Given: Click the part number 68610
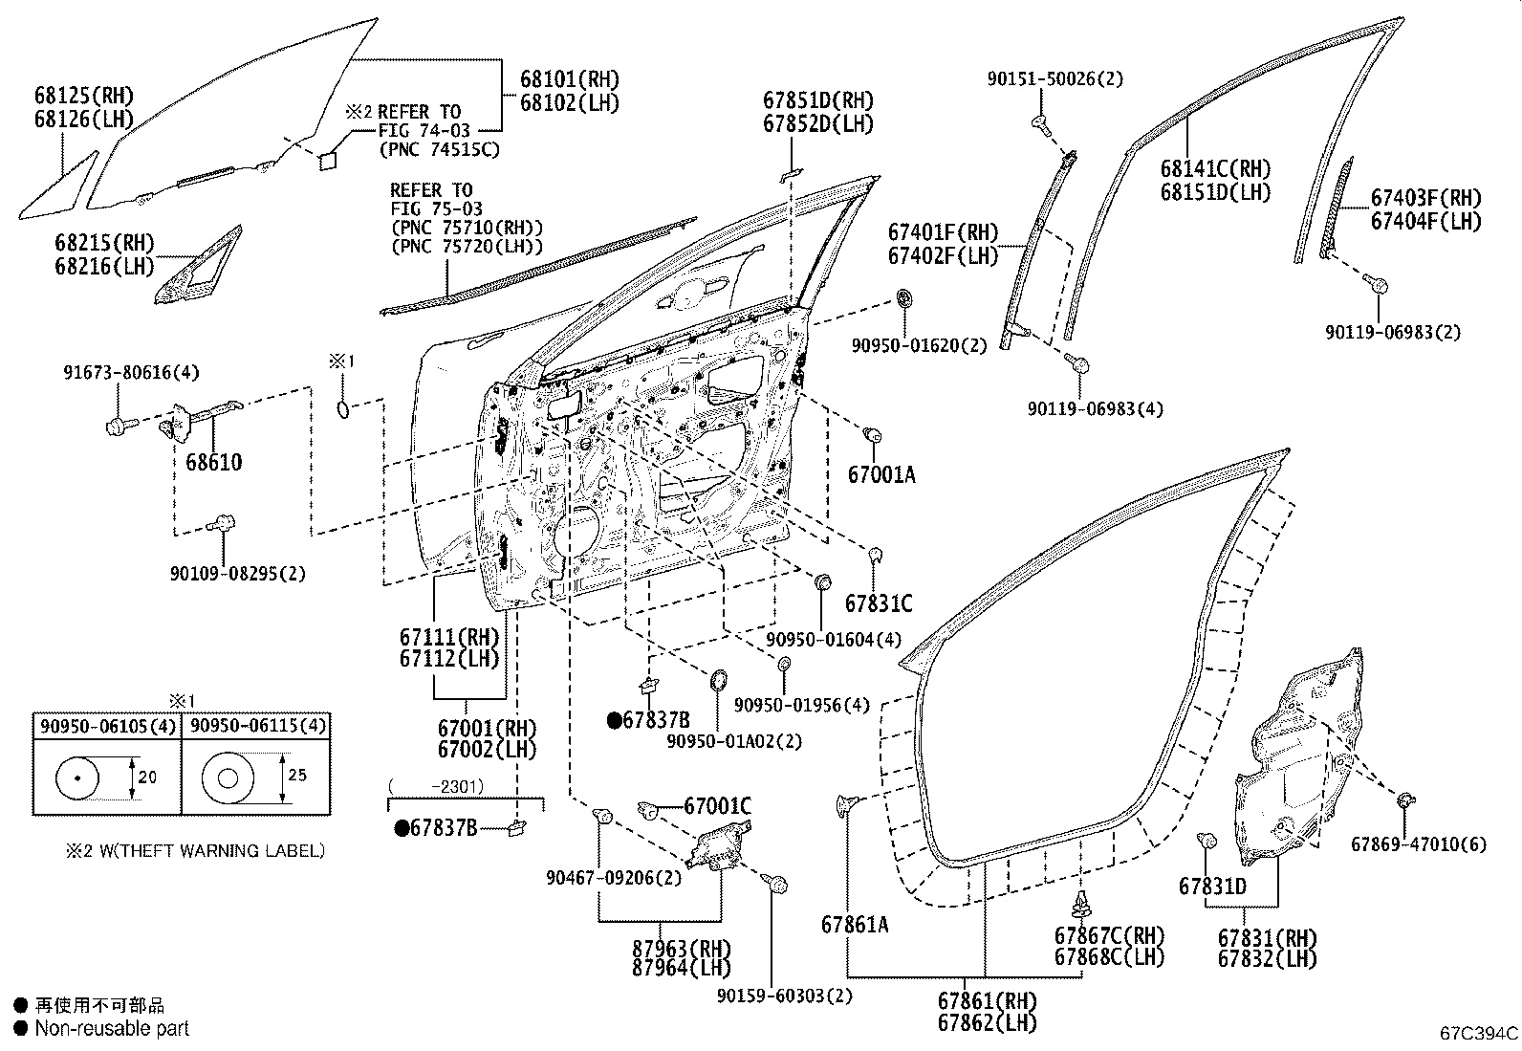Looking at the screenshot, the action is (213, 462).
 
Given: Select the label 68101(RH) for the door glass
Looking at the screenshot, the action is (570, 79).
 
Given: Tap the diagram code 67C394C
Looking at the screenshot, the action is (1479, 1033).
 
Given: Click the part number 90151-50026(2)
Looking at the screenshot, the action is (1055, 78).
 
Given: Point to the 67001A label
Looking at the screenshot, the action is (881, 474).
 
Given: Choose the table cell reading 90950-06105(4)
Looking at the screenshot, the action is (107, 726).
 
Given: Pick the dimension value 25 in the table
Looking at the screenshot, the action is (297, 775).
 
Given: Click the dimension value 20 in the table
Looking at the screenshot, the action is (147, 777).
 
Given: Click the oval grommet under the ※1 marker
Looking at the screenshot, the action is (343, 410).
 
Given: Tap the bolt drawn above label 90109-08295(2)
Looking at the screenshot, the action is (221, 524).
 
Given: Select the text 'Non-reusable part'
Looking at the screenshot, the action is (112, 1029).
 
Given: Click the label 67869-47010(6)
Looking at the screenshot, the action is (1419, 844).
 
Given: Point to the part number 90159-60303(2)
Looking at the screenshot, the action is (785, 996).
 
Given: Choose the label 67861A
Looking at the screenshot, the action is (855, 925).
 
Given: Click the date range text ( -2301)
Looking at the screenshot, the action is (436, 786).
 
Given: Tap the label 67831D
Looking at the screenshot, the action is (1213, 887).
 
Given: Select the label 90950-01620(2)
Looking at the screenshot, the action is (920, 345).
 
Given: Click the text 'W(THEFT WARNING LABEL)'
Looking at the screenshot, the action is (212, 850).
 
